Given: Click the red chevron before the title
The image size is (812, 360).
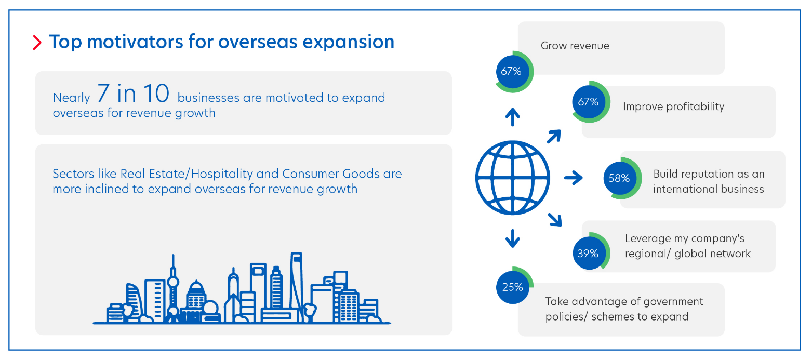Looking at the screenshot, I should pos(37,42).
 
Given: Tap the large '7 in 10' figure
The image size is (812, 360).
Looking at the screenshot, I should pos(133,94).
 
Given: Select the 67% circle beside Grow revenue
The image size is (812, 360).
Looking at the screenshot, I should pos(511,71).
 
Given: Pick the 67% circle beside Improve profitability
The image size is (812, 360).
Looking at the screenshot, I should pos(588,102).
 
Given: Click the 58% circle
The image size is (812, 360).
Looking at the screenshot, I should pos(619,178).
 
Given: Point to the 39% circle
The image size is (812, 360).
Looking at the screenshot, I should pos(588,254).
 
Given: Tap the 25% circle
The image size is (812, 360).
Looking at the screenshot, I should pos(512,286).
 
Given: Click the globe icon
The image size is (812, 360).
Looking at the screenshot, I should pos(512,178).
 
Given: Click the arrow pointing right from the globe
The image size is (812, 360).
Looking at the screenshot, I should pos(573,178).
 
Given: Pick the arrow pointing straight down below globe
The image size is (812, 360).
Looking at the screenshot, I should pos(513,238).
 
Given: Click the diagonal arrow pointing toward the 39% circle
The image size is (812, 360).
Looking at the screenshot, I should pos(555,220).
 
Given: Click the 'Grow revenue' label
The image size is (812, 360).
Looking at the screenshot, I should pos(575,46).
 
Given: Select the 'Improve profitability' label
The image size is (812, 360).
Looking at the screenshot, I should pos(673,106).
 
